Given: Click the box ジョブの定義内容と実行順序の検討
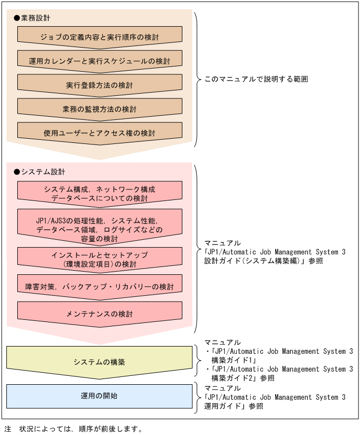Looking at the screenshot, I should pos(100,37).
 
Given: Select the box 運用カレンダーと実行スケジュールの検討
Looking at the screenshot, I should pos(100,61).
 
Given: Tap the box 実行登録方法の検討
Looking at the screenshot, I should pos(100,85).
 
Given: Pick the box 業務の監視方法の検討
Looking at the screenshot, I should pos(100,109).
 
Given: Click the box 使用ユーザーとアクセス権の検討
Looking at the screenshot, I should pos(100,133).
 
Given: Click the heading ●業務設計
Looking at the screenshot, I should pos(32,18).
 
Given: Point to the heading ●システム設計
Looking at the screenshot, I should pos(40,172).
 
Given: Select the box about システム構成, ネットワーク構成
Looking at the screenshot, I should pos(100,193).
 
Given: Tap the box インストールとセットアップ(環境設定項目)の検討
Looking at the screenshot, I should pos(100,259).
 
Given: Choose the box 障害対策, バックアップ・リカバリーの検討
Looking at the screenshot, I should pos(100,287).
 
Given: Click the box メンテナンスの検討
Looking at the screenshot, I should pos(100,314).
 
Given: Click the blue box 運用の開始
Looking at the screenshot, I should pos(100,396).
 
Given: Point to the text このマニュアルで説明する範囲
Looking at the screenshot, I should pos(256,80).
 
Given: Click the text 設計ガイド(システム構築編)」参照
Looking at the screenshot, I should pos(264,260).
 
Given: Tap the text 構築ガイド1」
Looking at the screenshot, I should pos(233,360).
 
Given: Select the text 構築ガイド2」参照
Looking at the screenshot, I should pos(243,377).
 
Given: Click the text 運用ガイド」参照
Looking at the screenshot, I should pos(234,406).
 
